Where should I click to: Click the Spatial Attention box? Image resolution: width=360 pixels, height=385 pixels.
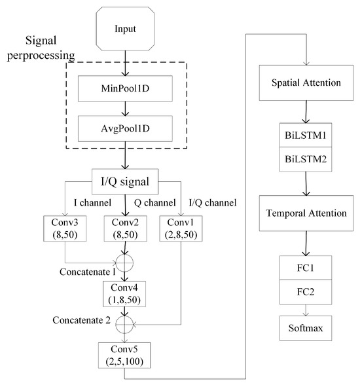[305, 84]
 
